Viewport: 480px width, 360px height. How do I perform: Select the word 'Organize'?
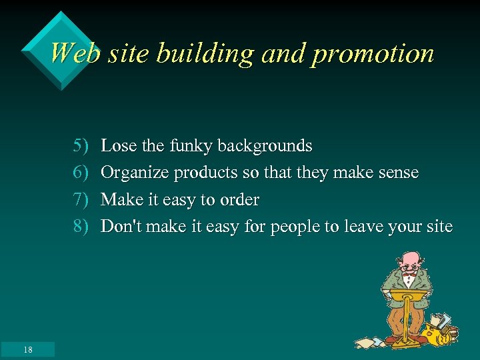click(135, 173)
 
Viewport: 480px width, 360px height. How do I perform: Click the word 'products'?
click(206, 173)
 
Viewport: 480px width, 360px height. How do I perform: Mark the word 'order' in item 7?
click(239, 200)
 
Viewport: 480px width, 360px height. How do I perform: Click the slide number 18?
click(27, 349)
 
